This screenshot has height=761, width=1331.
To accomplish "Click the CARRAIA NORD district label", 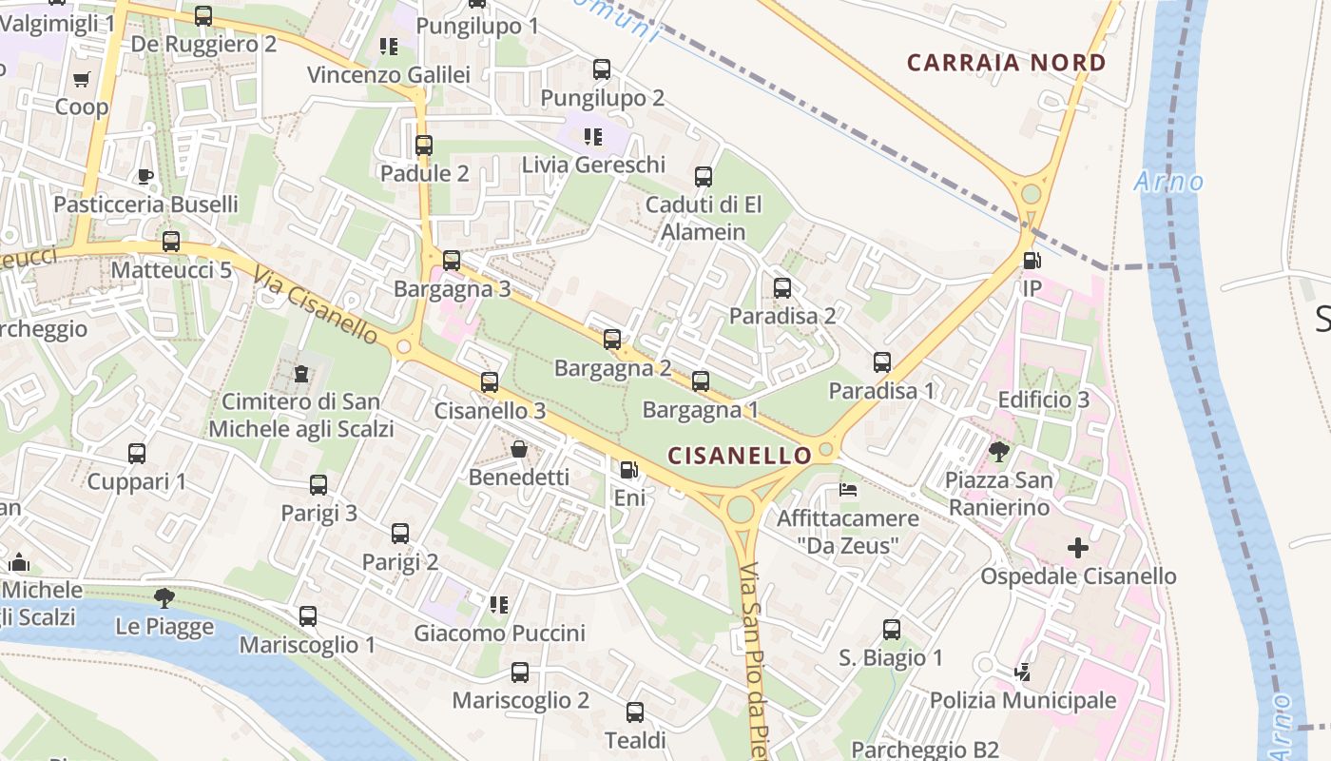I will pyautogui.click(x=1006, y=64).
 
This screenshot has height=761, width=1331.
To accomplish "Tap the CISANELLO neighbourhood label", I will pyautogui.click(x=740, y=456).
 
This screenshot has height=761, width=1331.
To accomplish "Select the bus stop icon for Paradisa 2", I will pyautogui.click(x=782, y=288).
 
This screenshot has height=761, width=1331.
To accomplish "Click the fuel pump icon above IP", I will pyautogui.click(x=1032, y=261).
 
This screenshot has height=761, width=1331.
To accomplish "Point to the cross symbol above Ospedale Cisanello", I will pyautogui.click(x=1077, y=548).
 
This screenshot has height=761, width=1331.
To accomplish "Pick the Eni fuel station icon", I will pyautogui.click(x=628, y=470).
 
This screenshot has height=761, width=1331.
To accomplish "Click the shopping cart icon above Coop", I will pyautogui.click(x=82, y=79).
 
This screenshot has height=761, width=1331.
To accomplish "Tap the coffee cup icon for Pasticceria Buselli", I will pyautogui.click(x=145, y=176).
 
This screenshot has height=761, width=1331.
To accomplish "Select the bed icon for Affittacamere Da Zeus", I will pyautogui.click(x=848, y=490).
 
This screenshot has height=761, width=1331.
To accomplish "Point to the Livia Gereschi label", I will pyautogui.click(x=593, y=165).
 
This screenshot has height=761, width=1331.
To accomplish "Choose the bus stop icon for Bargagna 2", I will pyautogui.click(x=612, y=340).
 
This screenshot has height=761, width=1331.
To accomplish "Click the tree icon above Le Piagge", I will pyautogui.click(x=164, y=597).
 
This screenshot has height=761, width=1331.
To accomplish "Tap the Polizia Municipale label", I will pyautogui.click(x=1023, y=701).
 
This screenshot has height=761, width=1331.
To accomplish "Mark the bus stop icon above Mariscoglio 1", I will pyautogui.click(x=308, y=616).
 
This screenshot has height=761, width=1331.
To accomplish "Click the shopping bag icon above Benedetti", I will pyautogui.click(x=519, y=449).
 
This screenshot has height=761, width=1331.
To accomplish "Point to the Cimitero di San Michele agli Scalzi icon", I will pyautogui.click(x=301, y=374).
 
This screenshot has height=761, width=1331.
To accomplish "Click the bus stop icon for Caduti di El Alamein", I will pyautogui.click(x=704, y=177).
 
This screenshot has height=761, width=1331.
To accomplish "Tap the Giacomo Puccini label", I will pyautogui.click(x=499, y=633).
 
